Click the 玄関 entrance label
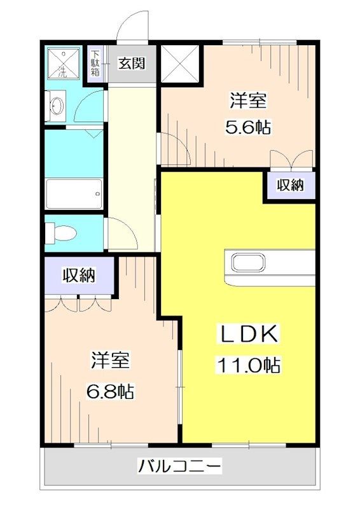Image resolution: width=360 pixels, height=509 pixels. pyautogui.click(x=132, y=64)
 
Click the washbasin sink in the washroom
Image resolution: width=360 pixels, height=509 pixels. pyautogui.click(x=56, y=105)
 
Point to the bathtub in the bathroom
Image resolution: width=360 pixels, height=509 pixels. pyautogui.click(x=74, y=190)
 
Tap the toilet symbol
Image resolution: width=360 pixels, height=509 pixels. pyautogui.click(x=61, y=232)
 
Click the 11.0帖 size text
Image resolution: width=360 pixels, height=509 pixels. pyautogui.click(x=248, y=365)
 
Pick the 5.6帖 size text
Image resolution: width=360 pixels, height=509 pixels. pyautogui.click(x=248, y=127)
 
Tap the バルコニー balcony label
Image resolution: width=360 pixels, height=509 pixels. pyautogui.click(x=180, y=467)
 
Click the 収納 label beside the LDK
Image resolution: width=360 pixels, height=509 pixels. pyautogui.click(x=290, y=185)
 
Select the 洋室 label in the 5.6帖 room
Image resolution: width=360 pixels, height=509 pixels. pyautogui.click(x=248, y=101)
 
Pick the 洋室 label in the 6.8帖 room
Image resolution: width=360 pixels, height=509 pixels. pyautogui.click(x=110, y=361)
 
